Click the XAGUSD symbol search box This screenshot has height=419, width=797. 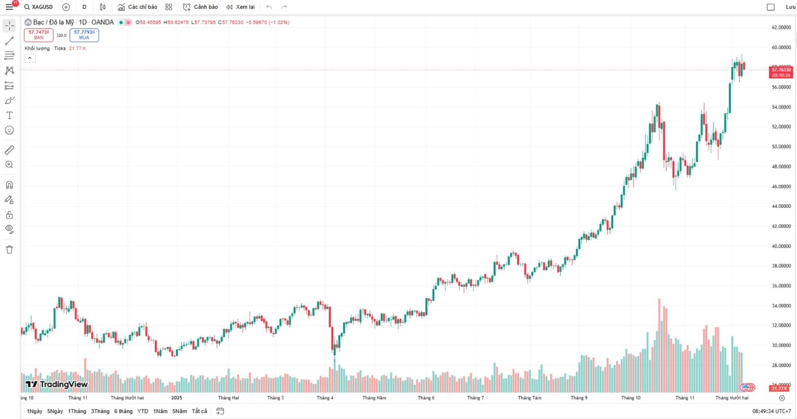(39, 7)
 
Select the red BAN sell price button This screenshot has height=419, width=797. (38, 35)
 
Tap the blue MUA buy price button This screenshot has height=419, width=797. (84, 35)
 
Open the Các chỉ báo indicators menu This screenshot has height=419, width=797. (137, 7)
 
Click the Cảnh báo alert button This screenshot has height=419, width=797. (200, 7)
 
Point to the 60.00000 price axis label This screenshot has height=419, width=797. (781, 47)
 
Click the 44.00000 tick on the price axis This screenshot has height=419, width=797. (781, 206)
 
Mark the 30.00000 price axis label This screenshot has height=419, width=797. (781, 345)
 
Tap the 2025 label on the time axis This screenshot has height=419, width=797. (176, 398)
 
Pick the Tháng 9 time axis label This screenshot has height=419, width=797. (579, 398)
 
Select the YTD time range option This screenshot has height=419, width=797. (142, 411)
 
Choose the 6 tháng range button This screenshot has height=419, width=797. (123, 411)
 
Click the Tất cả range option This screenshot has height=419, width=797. (199, 411)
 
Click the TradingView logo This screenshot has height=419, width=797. (57, 384)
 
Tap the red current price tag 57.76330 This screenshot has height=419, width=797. (781, 72)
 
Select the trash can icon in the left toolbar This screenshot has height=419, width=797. (9, 250)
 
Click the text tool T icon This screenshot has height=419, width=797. (9, 115)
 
